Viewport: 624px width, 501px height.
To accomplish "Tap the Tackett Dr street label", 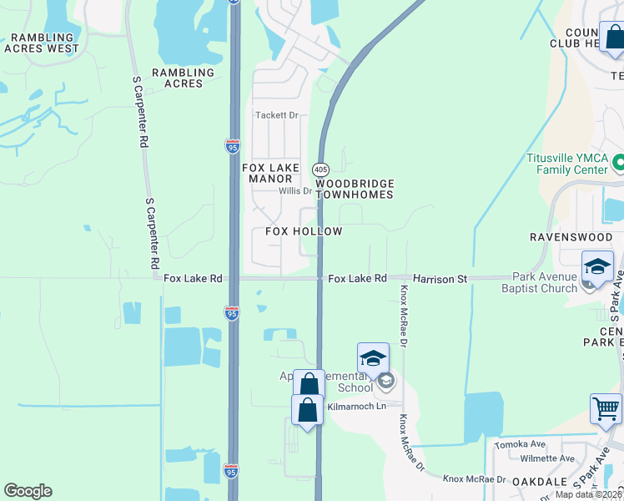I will (x=277, y=115).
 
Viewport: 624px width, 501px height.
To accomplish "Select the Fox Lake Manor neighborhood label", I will (x=270, y=173).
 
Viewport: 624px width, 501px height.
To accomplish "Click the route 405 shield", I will (x=321, y=170).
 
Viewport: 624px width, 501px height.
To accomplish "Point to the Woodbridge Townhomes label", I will (x=354, y=189).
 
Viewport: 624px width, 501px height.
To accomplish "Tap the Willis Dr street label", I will (x=294, y=190).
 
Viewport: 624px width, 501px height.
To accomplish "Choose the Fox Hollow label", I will (x=304, y=231).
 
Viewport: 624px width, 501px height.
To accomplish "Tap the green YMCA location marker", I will (x=618, y=161).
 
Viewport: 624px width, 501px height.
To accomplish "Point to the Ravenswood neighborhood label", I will (x=566, y=237).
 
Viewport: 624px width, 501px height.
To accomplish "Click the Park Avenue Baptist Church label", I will (x=545, y=283).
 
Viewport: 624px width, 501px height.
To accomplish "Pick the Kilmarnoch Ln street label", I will (x=357, y=406).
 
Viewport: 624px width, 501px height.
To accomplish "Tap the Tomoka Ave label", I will (x=520, y=444).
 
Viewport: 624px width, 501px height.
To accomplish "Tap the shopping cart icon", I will (x=606, y=409).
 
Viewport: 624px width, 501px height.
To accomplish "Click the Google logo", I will (x=28, y=491).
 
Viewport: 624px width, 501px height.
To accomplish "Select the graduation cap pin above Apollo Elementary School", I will (x=373, y=358).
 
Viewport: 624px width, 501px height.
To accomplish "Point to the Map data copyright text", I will (x=589, y=494).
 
